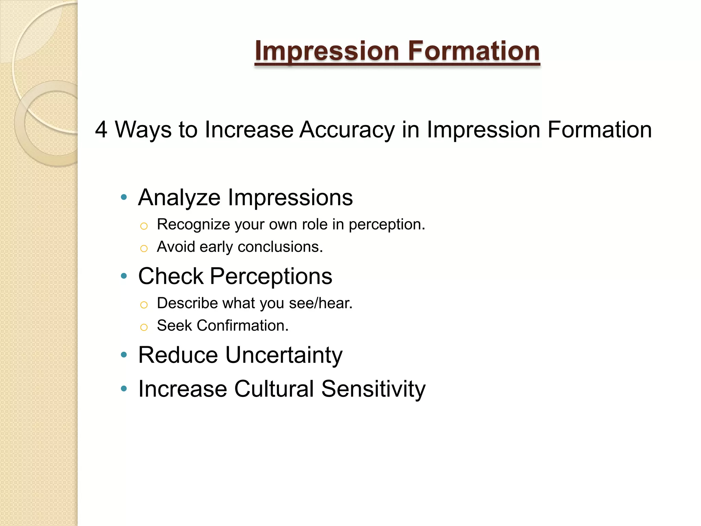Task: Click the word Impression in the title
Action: point(327,51)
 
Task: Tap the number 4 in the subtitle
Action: point(101,130)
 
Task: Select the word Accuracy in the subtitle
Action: point(347,130)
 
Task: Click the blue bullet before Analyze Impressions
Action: point(124,197)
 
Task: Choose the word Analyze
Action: point(179,198)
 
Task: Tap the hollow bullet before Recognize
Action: point(144,226)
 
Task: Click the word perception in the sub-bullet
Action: point(386,225)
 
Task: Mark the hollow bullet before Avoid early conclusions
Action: point(144,248)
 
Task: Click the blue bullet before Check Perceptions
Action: point(124,276)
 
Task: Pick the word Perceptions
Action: point(271,276)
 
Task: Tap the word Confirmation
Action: point(243,325)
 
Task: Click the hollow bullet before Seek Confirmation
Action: point(144,327)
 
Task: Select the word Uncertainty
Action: point(284,355)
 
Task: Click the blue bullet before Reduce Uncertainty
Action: point(124,354)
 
